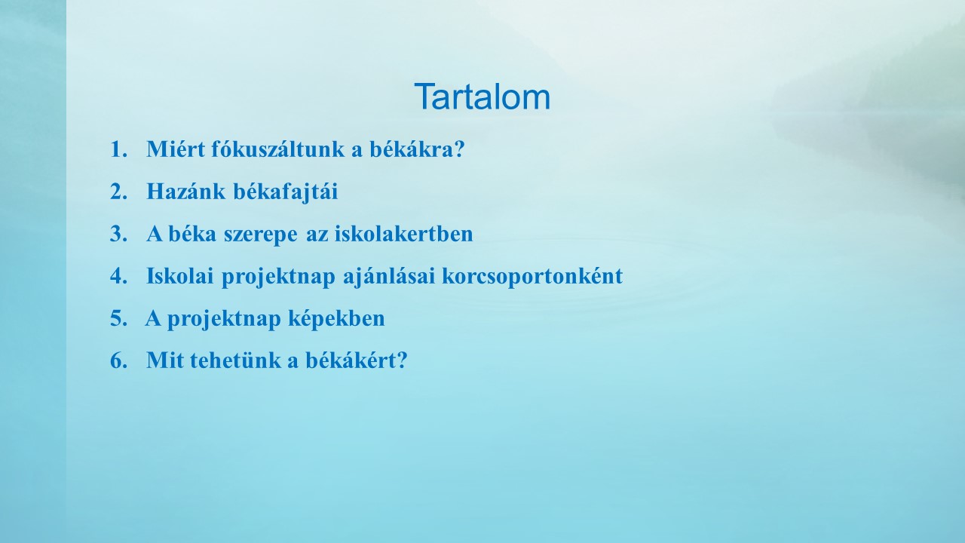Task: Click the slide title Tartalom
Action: point(482,97)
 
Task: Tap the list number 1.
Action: point(119,149)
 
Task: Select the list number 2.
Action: point(119,192)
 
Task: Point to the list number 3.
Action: point(119,234)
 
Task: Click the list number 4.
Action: point(119,276)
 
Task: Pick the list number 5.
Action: point(119,318)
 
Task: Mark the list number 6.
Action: point(119,360)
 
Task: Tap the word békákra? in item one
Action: point(417,149)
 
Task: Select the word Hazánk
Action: point(185,192)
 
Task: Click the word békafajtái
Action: point(286,192)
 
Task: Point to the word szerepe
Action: point(260,235)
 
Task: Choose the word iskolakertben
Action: point(403,234)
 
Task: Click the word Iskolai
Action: point(179,276)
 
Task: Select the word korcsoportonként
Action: point(532,277)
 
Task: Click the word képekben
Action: point(336,319)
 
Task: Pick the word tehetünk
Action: point(236,360)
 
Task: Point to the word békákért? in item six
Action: point(357,360)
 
